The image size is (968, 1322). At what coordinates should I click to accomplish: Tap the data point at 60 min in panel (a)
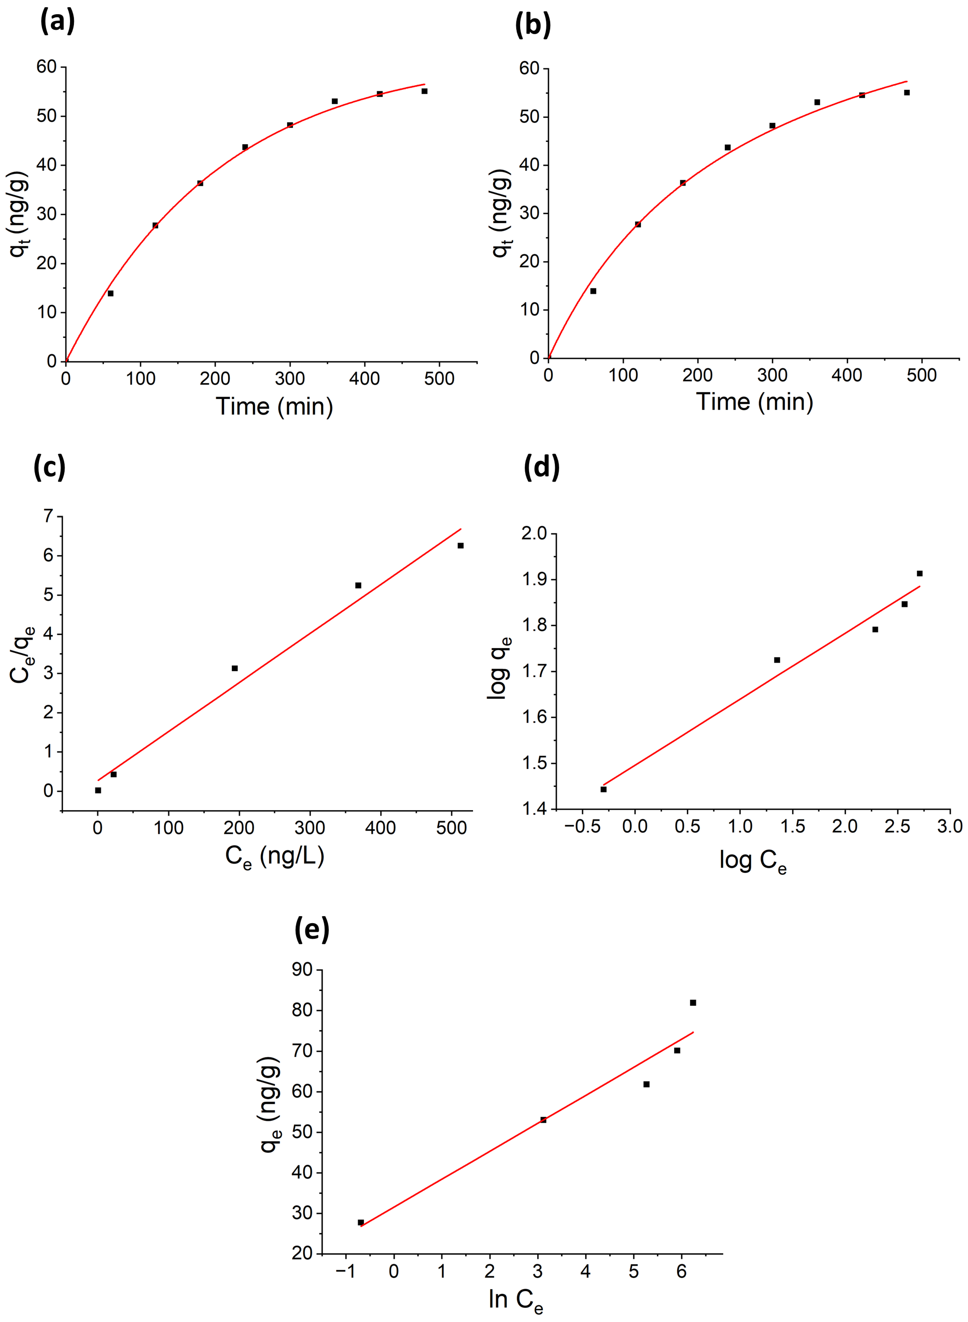110,293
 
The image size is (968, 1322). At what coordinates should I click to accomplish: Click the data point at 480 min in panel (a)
424,91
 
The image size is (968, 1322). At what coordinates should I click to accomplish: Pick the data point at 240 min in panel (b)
728,147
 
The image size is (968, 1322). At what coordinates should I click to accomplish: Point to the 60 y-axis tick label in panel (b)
529,69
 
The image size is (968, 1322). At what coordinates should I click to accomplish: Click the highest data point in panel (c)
461,545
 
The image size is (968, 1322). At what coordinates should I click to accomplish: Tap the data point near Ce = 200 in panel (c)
234,668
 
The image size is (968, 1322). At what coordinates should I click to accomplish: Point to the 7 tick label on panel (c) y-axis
48,516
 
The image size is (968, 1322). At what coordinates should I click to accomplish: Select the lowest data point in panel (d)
604,789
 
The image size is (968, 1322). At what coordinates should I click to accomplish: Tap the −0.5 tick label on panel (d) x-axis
577,827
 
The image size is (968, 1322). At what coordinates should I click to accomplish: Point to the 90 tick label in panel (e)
302,970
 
